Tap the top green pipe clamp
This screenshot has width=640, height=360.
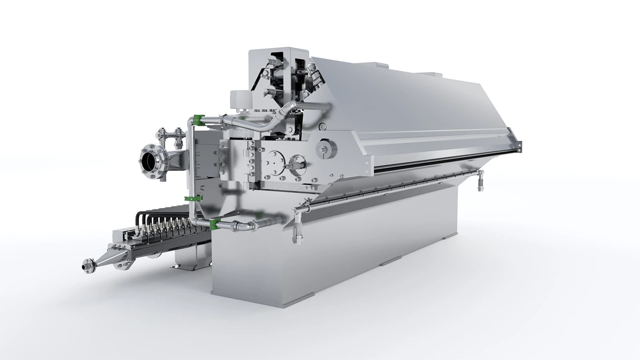(x=198, y=120)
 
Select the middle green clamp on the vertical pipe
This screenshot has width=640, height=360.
(x=193, y=199)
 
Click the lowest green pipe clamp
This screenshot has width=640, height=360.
(x=215, y=224)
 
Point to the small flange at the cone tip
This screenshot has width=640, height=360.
(x=88, y=266)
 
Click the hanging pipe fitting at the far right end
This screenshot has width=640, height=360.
(x=480, y=181)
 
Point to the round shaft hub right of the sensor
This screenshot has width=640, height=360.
(x=326, y=148)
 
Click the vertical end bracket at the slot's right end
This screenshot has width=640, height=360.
(x=516, y=144)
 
